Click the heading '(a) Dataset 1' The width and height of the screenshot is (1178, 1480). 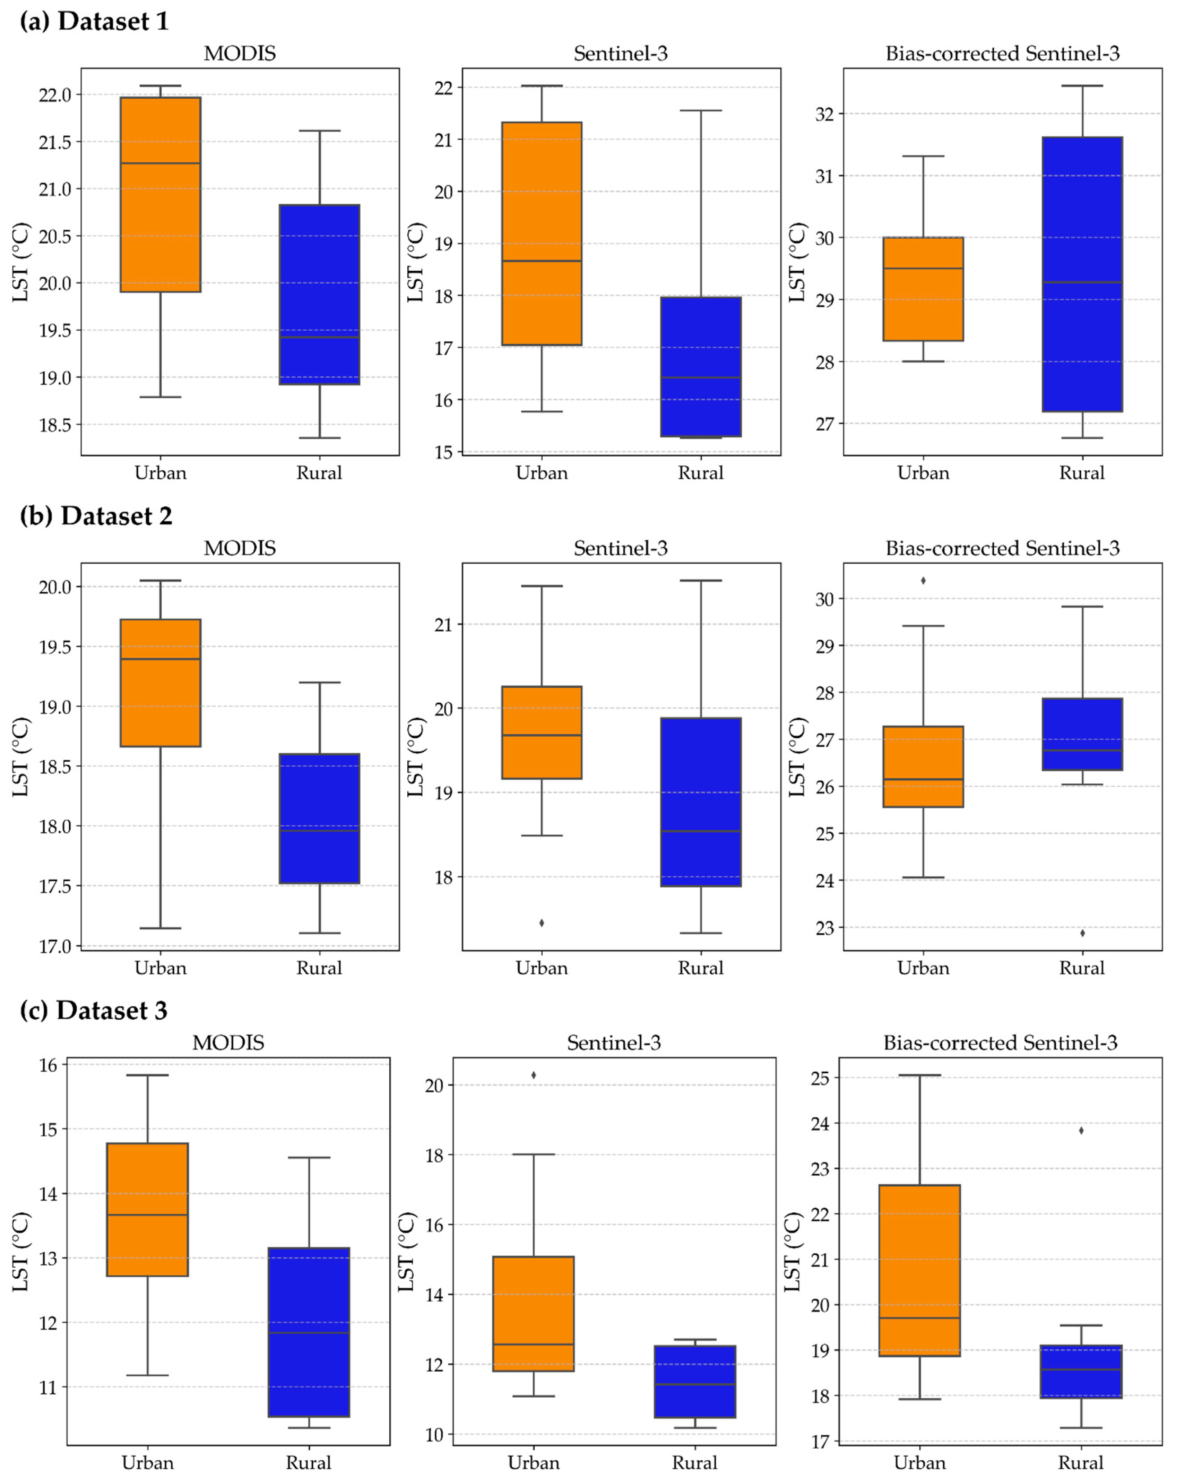[94, 21]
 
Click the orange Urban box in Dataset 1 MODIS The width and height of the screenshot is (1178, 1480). [160, 194]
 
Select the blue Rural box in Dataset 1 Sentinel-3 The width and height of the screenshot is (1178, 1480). [701, 367]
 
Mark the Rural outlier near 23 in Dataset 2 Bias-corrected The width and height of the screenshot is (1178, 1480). [1083, 933]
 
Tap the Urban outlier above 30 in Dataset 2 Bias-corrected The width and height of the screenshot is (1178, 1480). [923, 581]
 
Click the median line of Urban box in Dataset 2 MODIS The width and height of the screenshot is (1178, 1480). [160, 659]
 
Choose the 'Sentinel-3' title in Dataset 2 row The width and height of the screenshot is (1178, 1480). [621, 548]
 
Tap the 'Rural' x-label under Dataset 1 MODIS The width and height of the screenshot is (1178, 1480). [319, 473]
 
